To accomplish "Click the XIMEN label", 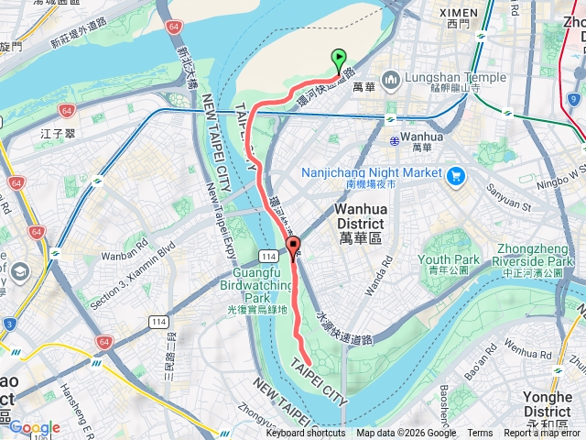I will pyautogui.click(x=459, y=13).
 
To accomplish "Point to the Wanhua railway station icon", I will pyautogui.click(x=395, y=140).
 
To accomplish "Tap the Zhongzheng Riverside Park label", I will pyautogui.click(x=534, y=254).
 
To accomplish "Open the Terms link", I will pyautogui.click(x=480, y=434).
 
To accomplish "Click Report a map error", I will pyautogui.click(x=544, y=434).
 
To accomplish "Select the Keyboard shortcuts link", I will pyautogui.click(x=306, y=434).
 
